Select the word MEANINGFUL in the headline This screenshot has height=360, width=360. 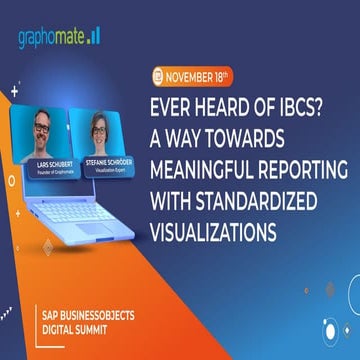(x=209, y=158)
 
